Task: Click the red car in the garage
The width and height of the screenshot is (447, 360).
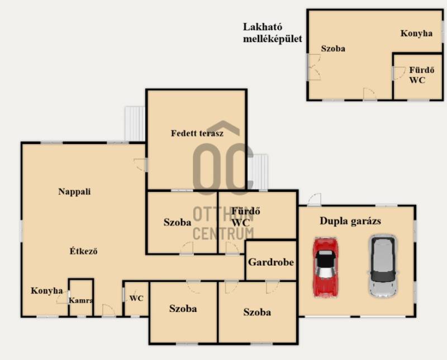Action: tap(326, 267)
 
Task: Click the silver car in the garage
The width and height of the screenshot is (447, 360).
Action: tap(383, 266)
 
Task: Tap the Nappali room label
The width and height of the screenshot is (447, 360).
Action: tap(74, 191)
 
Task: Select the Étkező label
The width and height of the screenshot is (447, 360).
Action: tap(83, 251)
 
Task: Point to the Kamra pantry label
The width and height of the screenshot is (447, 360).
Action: tap(80, 300)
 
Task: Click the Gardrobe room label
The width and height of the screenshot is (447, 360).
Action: tap(271, 262)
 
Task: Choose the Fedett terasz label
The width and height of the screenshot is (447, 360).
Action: tap(197, 133)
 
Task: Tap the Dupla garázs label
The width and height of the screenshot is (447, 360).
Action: tap(350, 221)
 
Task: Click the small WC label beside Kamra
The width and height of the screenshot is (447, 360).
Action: tap(136, 299)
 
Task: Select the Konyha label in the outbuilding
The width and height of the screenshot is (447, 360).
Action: tap(416, 33)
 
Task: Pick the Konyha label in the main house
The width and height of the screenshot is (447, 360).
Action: tap(47, 290)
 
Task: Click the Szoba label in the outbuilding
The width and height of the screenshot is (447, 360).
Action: tap(333, 49)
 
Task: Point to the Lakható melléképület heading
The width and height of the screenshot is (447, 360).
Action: tap(272, 33)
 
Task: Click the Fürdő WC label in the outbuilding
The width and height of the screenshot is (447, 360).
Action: tap(422, 75)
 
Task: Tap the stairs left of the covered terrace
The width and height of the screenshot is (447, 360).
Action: tap(135, 124)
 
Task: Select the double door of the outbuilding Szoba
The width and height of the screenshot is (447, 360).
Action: tap(313, 67)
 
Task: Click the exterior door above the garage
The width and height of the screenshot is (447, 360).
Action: tap(315, 199)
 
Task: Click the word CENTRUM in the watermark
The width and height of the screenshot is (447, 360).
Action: tap(223, 233)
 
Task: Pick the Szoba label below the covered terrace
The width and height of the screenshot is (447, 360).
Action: tap(177, 222)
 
